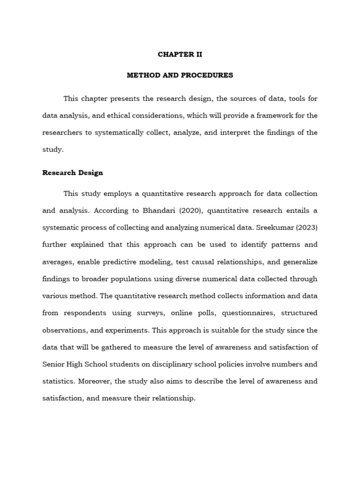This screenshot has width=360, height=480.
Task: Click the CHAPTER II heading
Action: point(180,54)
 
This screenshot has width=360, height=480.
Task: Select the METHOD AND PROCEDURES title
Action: point(180,75)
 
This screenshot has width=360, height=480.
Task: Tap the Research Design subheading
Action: point(73,172)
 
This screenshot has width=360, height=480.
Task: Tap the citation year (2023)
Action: point(307,228)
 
